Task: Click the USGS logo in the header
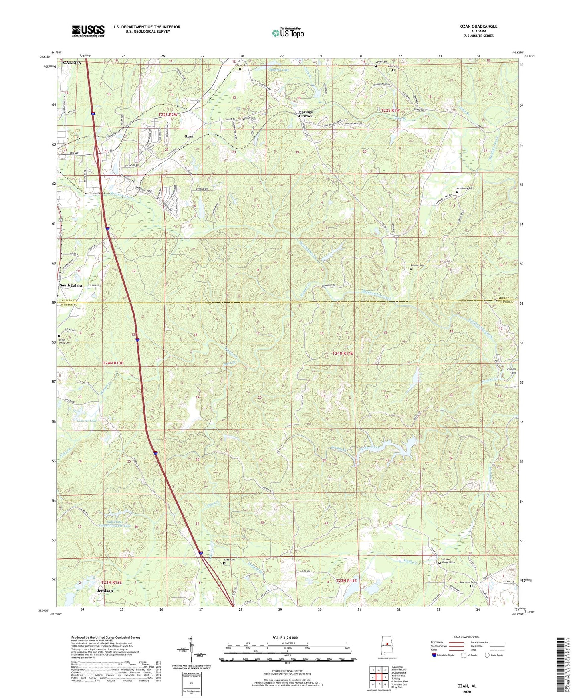point(88,31)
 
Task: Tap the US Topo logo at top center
point(288,33)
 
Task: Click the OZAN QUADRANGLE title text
point(478,26)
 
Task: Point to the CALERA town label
point(72,63)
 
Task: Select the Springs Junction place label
point(306,114)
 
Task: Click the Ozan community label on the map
point(189,136)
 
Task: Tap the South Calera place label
point(71,285)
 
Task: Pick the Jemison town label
point(105,591)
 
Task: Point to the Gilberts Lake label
point(87,421)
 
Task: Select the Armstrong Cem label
point(465,188)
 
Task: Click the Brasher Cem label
point(417,265)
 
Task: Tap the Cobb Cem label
point(229,560)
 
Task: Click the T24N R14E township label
point(343,353)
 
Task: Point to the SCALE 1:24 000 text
point(285,638)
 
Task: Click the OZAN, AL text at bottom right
point(467,686)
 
